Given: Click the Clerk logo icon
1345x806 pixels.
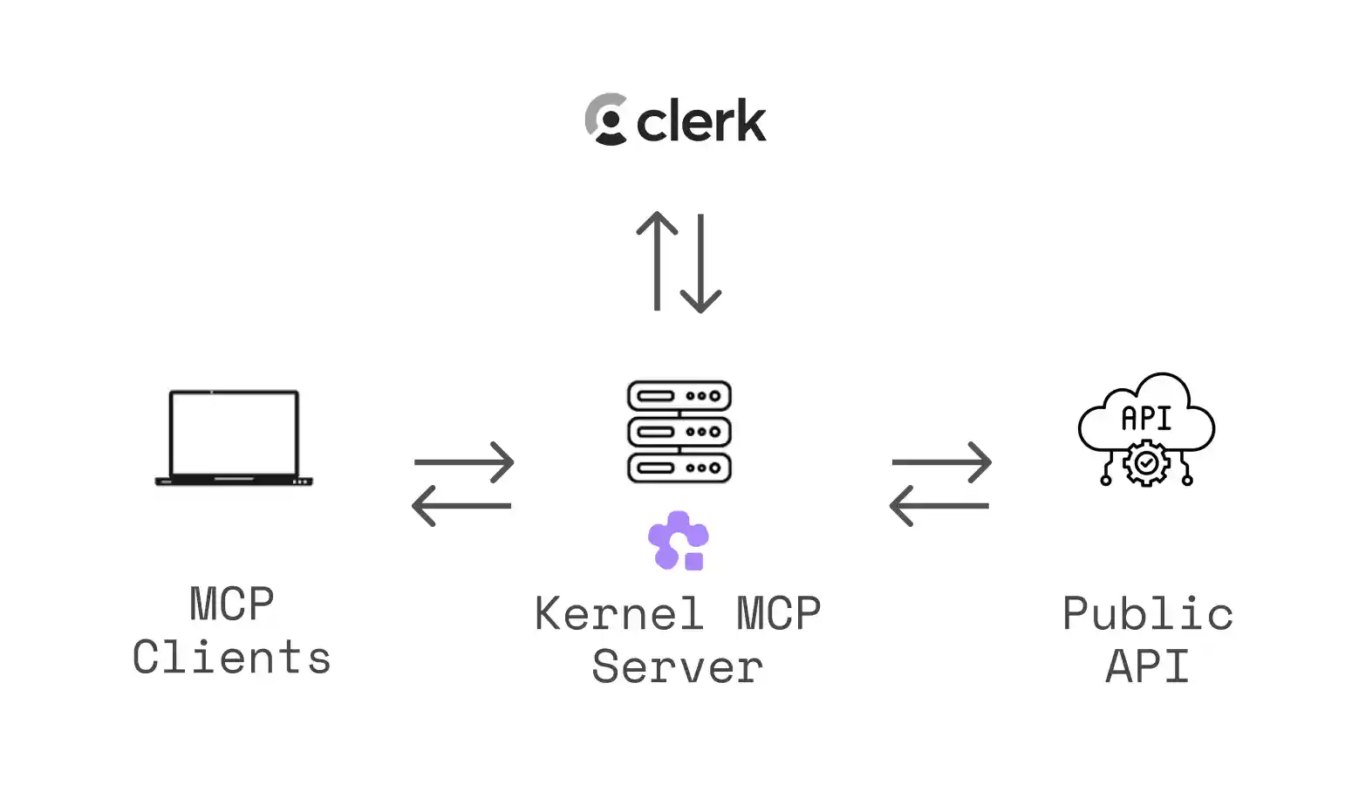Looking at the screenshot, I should (x=606, y=120).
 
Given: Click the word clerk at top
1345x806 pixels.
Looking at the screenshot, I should (x=701, y=120).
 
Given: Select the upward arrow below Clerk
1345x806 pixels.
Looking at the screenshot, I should (x=657, y=261).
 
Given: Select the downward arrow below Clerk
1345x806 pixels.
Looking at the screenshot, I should (x=700, y=263).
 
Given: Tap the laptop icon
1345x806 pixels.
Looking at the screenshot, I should (x=234, y=438).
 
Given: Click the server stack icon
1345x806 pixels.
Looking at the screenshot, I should (x=679, y=431).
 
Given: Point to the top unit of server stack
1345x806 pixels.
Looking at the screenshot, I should (x=679, y=396).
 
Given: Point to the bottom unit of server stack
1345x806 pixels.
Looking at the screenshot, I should (x=679, y=468).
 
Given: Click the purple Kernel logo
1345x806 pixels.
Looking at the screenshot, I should (x=679, y=540).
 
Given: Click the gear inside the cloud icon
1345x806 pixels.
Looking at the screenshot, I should (x=1146, y=463).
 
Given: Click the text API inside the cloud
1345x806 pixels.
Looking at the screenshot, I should (x=1146, y=419).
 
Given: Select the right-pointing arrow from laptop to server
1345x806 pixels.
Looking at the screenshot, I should (x=464, y=461).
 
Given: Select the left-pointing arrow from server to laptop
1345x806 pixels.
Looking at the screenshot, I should (x=462, y=505).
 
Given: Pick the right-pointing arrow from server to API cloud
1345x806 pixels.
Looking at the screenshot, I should (x=942, y=461).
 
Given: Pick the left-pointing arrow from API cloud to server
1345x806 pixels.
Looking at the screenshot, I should (x=939, y=505).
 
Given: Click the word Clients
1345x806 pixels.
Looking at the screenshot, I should (x=232, y=658).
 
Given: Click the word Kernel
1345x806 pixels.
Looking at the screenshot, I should (x=618, y=613).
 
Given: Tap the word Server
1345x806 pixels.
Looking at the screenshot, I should (x=678, y=667).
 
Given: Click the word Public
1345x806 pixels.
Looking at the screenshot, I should (x=1147, y=613).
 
